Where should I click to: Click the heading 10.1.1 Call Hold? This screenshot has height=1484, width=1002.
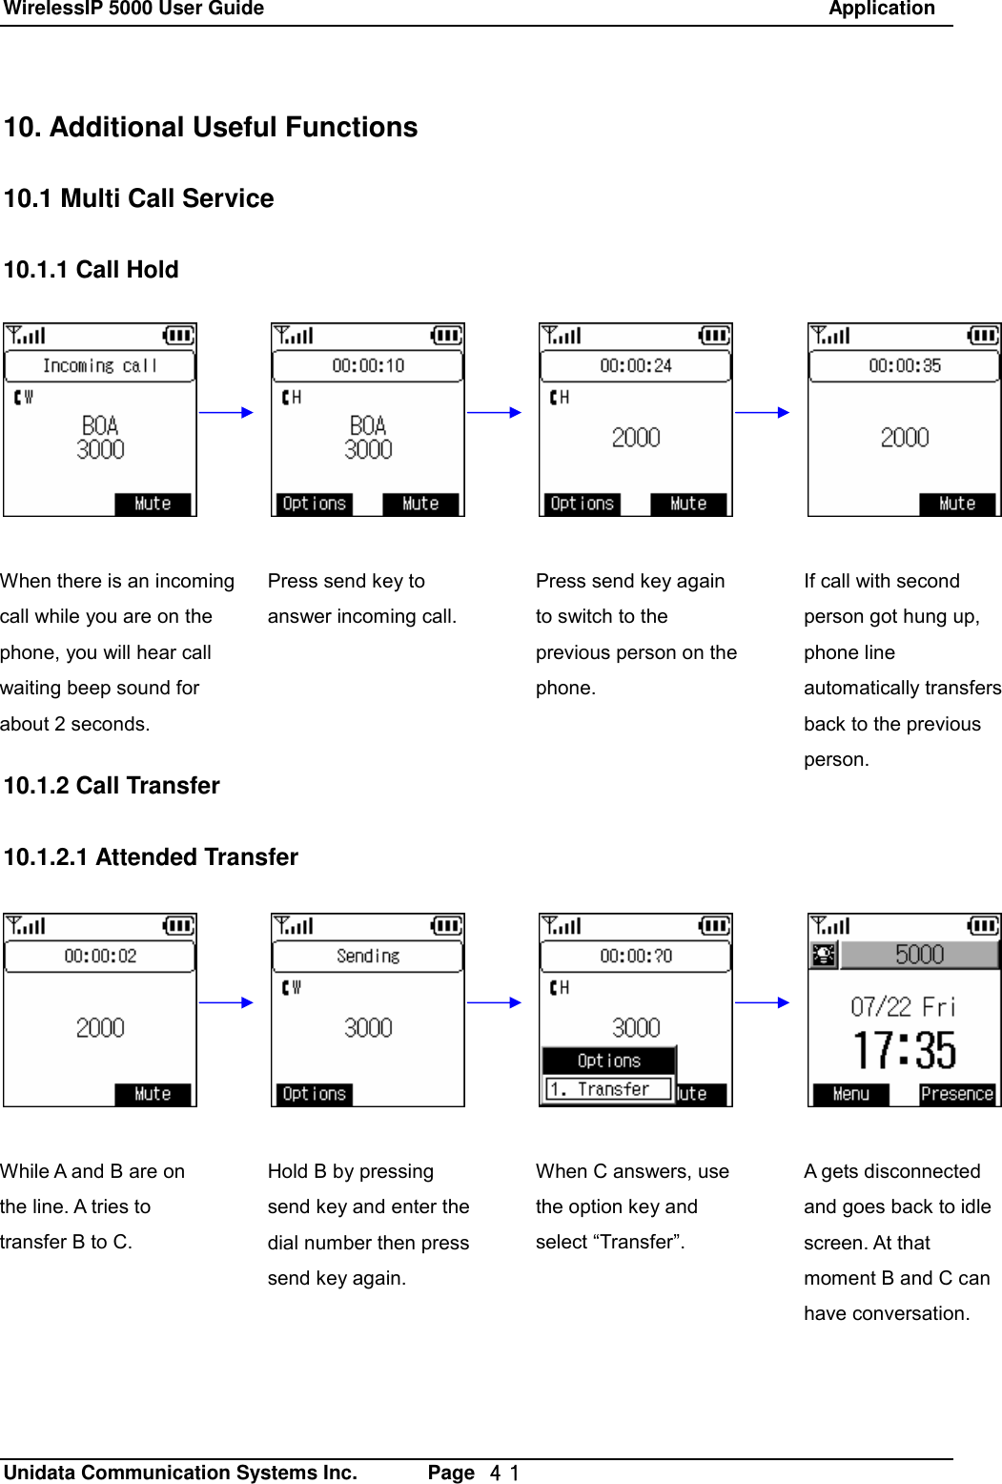92,270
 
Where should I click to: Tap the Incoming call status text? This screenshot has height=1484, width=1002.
100,365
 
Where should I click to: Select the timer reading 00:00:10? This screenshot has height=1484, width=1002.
368,365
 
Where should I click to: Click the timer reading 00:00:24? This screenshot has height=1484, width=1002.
636,365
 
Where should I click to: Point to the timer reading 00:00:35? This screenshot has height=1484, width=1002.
904,365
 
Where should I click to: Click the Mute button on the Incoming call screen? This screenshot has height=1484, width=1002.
153,504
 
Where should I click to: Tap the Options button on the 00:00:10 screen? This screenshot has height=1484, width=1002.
314,504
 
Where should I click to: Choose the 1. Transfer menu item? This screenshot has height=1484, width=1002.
608,1089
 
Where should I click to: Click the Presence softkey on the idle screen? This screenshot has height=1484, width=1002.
957,1094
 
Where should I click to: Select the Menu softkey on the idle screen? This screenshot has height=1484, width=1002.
850,1094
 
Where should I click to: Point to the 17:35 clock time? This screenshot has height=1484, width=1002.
904,1051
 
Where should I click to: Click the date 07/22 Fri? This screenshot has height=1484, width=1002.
903,1007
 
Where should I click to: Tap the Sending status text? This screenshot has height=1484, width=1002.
368,956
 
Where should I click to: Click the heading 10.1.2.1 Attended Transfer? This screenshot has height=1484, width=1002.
151,857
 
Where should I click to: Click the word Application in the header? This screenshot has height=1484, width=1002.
882,10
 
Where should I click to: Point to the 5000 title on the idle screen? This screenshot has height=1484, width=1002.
919,955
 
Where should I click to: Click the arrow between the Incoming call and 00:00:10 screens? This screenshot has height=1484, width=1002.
227,413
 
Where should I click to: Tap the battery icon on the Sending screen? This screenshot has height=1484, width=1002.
446,926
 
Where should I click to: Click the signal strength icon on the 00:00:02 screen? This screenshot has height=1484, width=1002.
26,926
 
